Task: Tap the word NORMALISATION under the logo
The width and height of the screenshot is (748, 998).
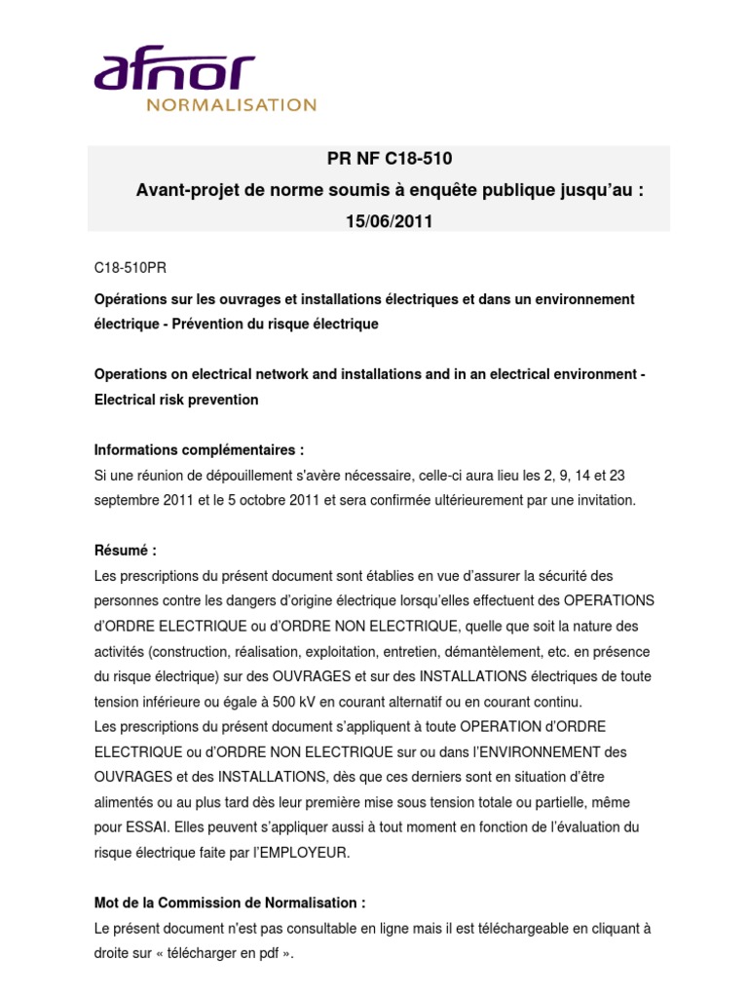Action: (x=231, y=105)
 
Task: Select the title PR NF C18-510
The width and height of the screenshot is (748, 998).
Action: (x=389, y=159)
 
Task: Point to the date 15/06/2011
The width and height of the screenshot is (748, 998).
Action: (x=389, y=221)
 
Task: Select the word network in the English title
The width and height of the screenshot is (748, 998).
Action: (x=279, y=374)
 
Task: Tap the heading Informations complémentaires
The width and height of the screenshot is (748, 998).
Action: (x=199, y=450)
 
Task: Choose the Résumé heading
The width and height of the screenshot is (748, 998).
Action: (x=125, y=551)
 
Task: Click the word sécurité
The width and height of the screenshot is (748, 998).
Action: (x=563, y=576)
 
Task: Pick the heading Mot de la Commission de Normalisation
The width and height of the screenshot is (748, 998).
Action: (x=230, y=902)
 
